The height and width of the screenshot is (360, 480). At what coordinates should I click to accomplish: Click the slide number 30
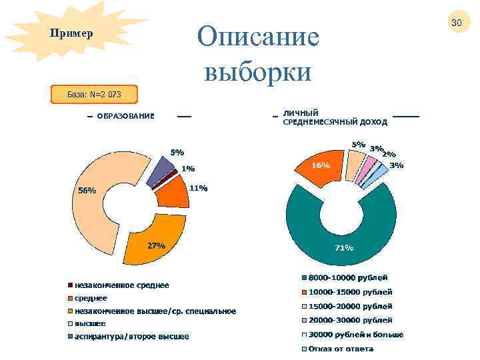pyautogui.click(x=456, y=23)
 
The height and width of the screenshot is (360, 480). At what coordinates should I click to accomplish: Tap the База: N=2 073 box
pyautogui.click(x=94, y=94)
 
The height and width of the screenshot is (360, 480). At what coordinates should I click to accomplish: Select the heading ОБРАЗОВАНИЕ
pyautogui.click(x=125, y=116)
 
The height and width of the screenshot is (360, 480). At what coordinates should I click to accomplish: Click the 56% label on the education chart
pyautogui.click(x=87, y=190)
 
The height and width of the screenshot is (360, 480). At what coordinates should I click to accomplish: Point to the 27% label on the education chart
pyautogui.click(x=156, y=245)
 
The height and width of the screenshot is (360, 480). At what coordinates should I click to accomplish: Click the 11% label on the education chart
pyautogui.click(x=198, y=188)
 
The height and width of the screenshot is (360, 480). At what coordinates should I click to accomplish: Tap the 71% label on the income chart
pyautogui.click(x=343, y=248)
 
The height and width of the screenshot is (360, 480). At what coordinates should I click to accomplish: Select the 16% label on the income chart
pyautogui.click(x=321, y=165)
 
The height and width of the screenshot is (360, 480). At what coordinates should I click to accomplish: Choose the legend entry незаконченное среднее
pyautogui.click(x=121, y=285)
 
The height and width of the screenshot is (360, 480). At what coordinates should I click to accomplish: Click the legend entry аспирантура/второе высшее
pyautogui.click(x=131, y=336)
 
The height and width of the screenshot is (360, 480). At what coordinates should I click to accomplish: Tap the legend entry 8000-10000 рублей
pyautogui.click(x=347, y=277)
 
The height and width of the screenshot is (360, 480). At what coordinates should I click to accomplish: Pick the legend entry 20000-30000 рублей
pyautogui.click(x=349, y=320)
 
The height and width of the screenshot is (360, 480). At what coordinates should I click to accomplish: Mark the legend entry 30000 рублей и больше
pyautogui.click(x=355, y=335)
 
